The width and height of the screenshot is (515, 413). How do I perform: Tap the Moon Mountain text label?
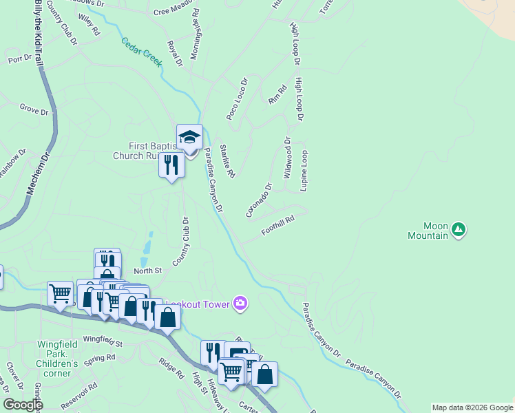[x=435, y=231]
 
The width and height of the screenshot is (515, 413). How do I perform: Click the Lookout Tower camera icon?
[x=240, y=303]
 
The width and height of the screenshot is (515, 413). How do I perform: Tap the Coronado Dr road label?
[x=260, y=200]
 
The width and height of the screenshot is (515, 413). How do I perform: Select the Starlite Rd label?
[x=227, y=160]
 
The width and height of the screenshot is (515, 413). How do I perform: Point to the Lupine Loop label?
[x=303, y=171]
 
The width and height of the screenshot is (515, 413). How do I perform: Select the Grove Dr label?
[x=34, y=110]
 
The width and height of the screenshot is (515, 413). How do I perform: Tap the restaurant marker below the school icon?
[x=171, y=166]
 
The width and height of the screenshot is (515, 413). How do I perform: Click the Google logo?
[x=23, y=404]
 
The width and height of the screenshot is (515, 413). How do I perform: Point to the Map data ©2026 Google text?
[x=472, y=407]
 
